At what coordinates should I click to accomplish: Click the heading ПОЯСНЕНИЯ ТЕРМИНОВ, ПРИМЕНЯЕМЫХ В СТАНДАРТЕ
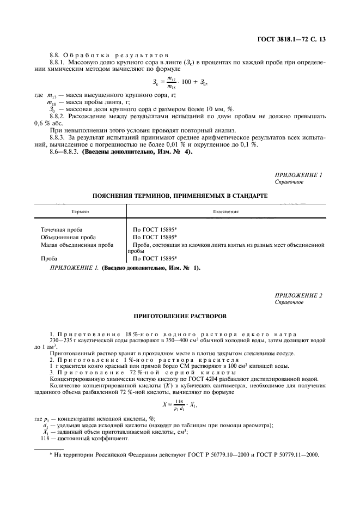point(180,195)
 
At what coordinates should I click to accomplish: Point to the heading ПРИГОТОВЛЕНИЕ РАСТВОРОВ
point(180,315)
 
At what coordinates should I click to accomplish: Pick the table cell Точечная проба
point(62,230)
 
